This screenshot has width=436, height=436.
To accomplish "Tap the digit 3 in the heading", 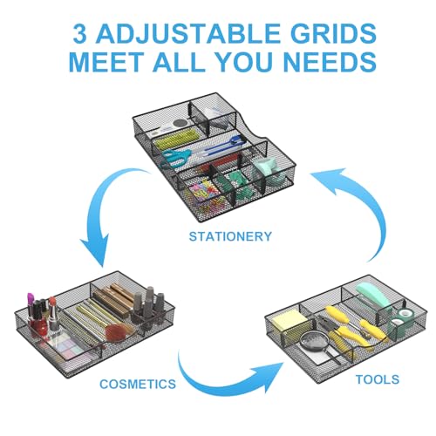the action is coord(79,33).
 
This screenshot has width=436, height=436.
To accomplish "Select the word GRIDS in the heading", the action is coord(334,33).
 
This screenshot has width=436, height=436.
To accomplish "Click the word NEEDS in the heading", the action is coord(330,61).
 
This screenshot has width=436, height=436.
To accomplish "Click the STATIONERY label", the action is coord(230,236).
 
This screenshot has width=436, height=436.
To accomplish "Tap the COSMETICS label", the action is coord(138,384).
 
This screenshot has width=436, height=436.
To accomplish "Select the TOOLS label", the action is coord(378,379).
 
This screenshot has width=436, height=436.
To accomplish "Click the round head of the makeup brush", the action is coord(117,332).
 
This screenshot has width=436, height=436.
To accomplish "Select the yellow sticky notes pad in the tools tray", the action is coord(290,321).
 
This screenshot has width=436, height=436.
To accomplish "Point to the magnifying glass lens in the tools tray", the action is coord(314,343).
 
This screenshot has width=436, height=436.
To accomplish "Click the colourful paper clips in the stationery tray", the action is coord(205,194).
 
